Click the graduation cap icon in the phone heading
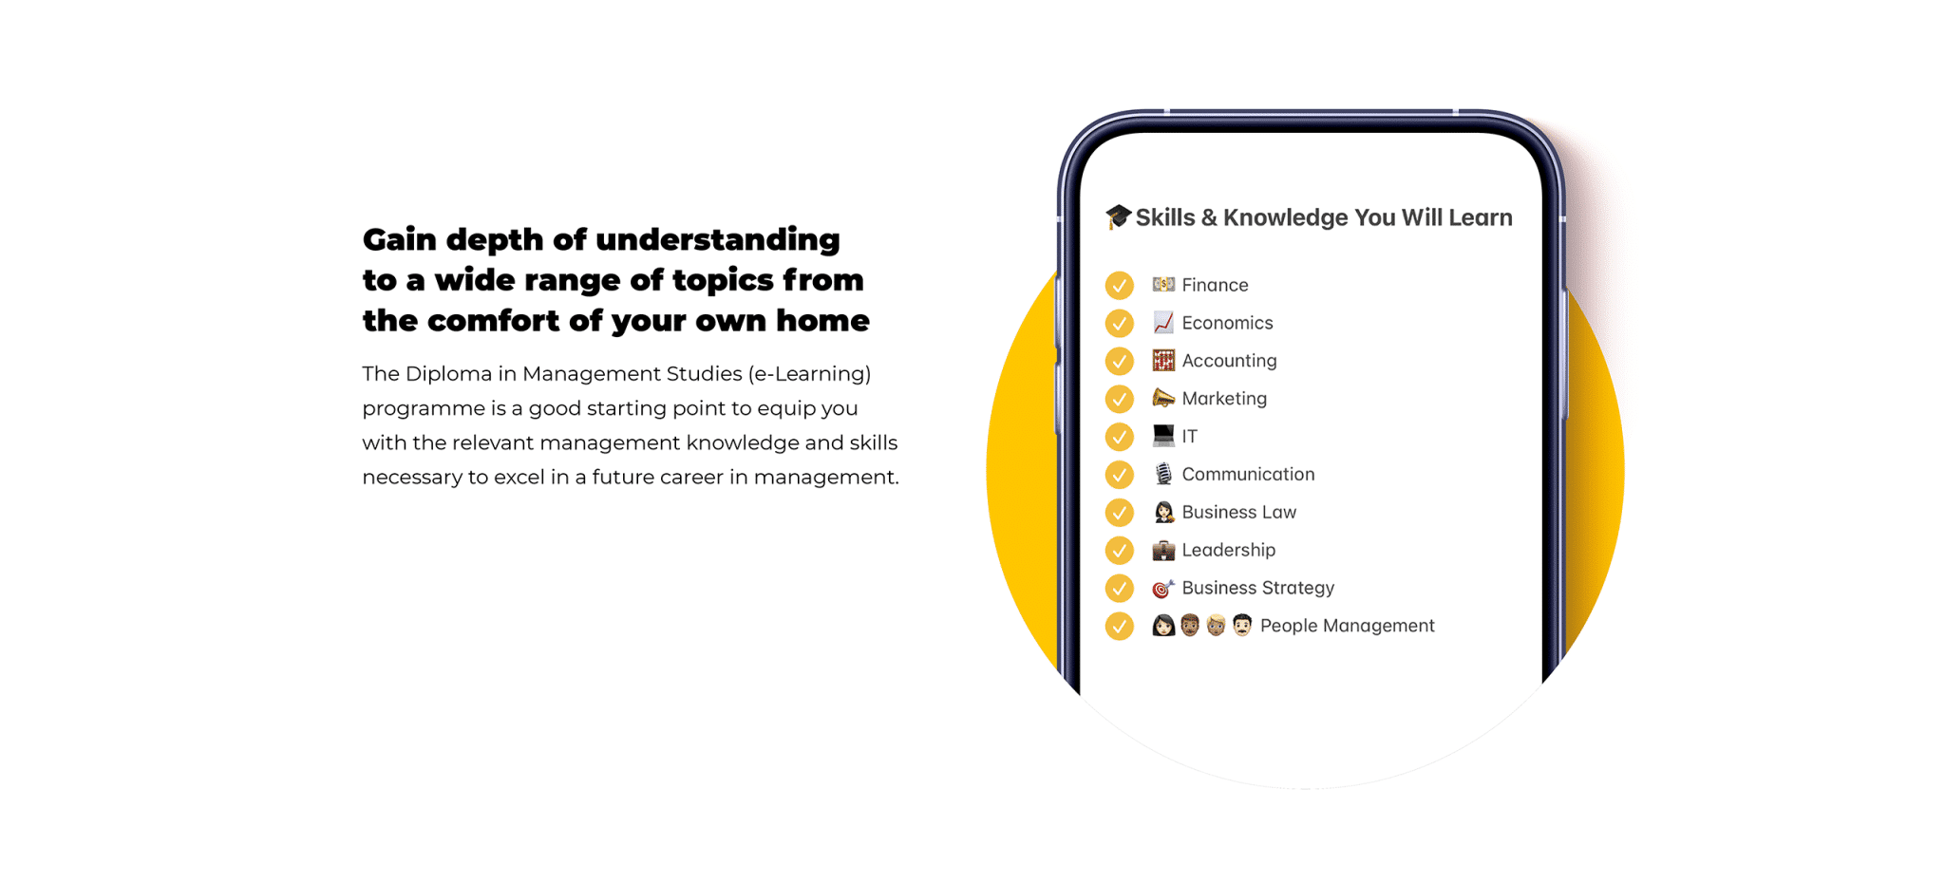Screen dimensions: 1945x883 coord(1118,216)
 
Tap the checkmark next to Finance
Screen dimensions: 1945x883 coord(1120,285)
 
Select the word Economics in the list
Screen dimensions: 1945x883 coord(1227,323)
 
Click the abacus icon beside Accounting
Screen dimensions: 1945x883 coord(1163,361)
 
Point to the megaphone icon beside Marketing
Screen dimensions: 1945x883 coord(1163,398)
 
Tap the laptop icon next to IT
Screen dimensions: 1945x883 coord(1163,436)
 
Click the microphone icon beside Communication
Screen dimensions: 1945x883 coord(1163,474)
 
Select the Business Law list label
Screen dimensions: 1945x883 coord(1238,513)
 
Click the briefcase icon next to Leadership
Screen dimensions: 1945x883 coord(1163,550)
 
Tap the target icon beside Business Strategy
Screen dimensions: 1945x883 coord(1163,589)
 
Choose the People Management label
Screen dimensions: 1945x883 coord(1347,626)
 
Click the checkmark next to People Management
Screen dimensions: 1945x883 coord(1120,626)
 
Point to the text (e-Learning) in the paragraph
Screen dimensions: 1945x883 coord(810,375)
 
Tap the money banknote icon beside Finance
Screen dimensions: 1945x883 coord(1163,284)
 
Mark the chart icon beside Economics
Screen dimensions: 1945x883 coord(1163,323)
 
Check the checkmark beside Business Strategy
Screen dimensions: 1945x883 coord(1120,589)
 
